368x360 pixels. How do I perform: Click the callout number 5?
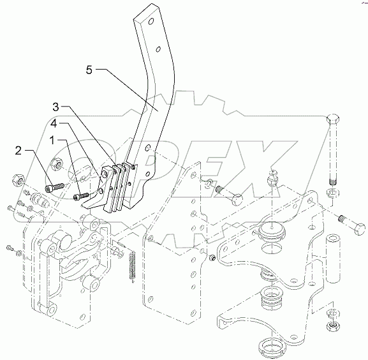pos(89,70)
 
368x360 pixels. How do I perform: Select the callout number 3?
pos(55,107)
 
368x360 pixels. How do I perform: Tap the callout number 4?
pos(54,124)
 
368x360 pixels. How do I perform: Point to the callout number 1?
pos(52,140)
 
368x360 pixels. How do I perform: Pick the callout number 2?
pos(18,151)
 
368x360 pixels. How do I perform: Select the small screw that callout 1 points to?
pos(81,197)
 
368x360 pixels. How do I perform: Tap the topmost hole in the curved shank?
pos(151,22)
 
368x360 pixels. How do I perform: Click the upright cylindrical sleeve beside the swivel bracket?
pos(332,258)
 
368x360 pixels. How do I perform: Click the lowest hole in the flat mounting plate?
pos(193,313)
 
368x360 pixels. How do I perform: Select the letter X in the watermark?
pos(263,169)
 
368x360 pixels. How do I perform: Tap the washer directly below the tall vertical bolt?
pos(332,193)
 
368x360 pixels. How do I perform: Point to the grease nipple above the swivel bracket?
pos(272,178)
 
